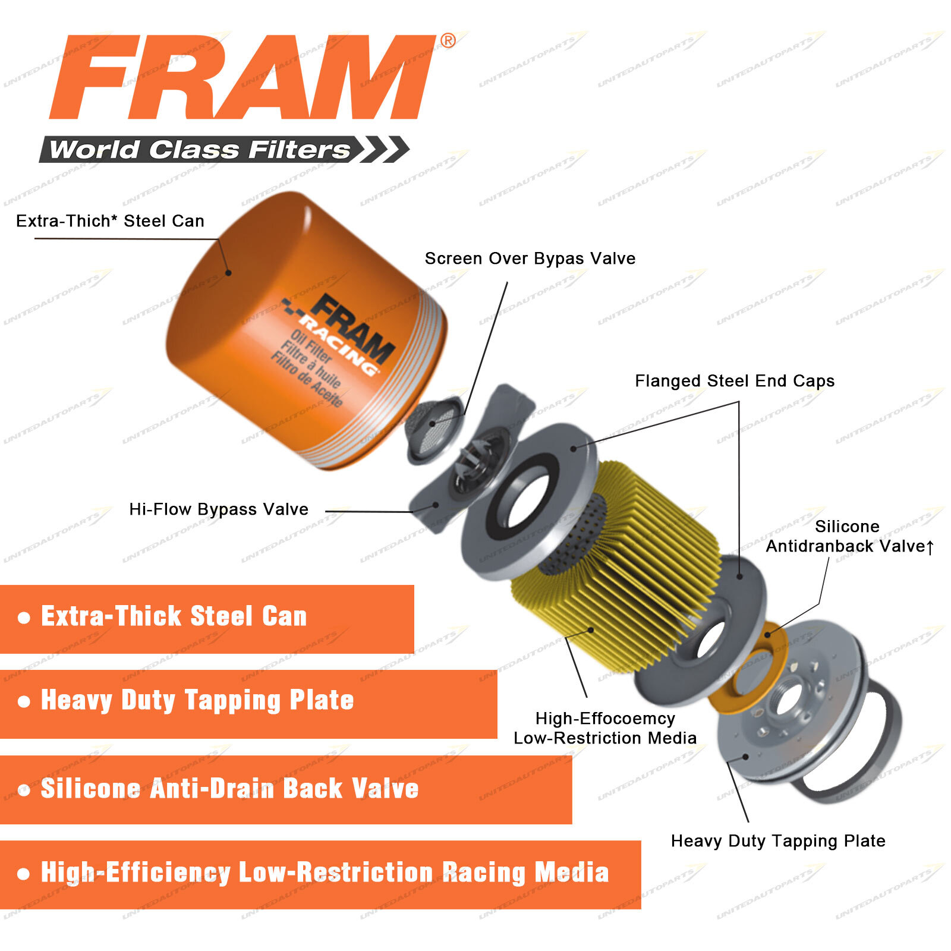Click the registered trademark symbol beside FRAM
click(x=448, y=40)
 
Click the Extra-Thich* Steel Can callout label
click(x=110, y=221)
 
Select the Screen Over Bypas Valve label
click(x=530, y=259)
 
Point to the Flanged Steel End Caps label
click(x=734, y=381)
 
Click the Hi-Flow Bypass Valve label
click(x=219, y=509)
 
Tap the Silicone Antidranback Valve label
click(x=849, y=536)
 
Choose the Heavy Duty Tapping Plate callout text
click(x=777, y=841)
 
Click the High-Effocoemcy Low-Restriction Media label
click(x=605, y=728)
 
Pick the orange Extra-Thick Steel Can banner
click(x=207, y=619)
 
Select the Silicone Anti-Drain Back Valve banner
click(x=285, y=789)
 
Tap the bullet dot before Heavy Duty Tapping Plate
click(x=24, y=702)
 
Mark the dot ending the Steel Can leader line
click(x=228, y=273)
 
